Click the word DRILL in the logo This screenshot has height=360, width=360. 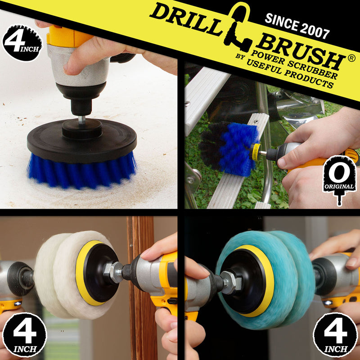186,19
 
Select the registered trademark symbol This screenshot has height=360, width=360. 351,58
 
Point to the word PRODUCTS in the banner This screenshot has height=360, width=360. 308,77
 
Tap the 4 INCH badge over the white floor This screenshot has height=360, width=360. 22,43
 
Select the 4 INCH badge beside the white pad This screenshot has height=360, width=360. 24,335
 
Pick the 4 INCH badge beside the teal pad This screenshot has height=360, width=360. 335,335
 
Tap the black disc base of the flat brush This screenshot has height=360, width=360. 82,140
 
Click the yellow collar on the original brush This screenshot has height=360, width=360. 256,152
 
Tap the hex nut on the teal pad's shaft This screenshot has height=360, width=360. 231,282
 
